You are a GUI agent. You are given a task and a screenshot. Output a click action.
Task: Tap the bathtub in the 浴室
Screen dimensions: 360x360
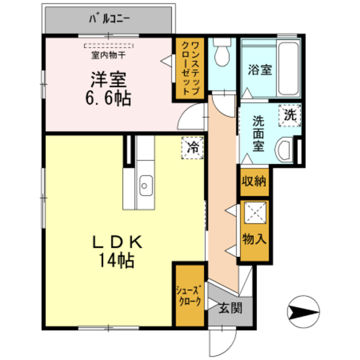click(x=288, y=66)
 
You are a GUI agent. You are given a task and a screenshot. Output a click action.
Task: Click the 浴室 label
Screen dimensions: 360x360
click(x=260, y=70)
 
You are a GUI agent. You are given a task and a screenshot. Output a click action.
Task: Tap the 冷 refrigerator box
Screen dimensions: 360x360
click(x=192, y=148)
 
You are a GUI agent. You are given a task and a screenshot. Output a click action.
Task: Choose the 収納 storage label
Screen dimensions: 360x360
click(x=254, y=182)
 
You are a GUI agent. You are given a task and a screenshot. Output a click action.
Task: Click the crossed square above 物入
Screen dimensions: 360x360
click(x=254, y=213)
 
